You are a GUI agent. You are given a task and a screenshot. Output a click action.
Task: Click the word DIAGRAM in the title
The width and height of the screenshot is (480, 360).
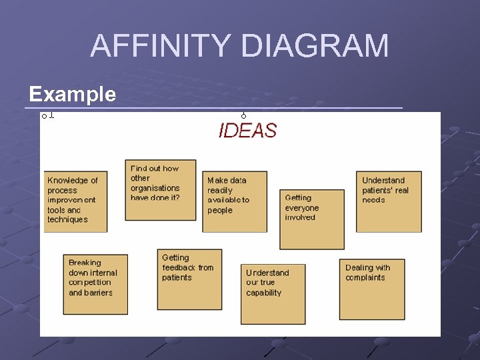(x=315, y=47)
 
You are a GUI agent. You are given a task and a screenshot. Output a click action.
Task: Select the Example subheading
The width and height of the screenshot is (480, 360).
(x=72, y=94)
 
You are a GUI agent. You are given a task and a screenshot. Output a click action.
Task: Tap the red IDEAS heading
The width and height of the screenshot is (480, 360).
(x=247, y=131)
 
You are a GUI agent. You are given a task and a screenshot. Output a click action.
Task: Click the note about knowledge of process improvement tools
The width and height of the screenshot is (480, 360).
(x=75, y=201)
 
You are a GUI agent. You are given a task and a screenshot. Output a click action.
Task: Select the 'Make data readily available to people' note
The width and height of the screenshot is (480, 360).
(x=234, y=201)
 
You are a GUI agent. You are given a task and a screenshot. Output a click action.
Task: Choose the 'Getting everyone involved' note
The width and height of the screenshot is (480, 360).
(x=311, y=219)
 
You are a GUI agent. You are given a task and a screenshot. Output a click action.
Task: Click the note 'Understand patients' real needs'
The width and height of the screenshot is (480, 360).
(x=389, y=201)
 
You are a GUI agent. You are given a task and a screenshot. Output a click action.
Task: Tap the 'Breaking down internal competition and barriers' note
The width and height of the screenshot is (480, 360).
(x=95, y=283)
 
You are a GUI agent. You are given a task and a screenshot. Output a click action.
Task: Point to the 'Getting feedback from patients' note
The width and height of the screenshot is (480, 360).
(x=189, y=279)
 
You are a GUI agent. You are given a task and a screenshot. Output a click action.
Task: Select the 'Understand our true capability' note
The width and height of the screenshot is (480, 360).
(x=273, y=293)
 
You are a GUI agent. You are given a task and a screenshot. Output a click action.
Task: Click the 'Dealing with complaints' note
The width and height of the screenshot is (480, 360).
(x=371, y=289)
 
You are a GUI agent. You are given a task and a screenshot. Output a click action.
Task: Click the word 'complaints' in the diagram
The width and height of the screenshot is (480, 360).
(x=365, y=278)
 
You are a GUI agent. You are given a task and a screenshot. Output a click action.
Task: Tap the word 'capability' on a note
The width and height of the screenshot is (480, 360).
(x=264, y=293)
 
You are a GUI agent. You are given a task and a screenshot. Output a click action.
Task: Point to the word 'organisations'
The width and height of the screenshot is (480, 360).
(x=155, y=188)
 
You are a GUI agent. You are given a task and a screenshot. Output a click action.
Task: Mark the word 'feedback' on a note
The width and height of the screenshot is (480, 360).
(x=179, y=268)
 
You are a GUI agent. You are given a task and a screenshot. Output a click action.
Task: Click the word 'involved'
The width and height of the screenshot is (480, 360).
(x=300, y=218)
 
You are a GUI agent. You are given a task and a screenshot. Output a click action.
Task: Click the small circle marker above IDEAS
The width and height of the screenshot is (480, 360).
(x=244, y=117)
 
